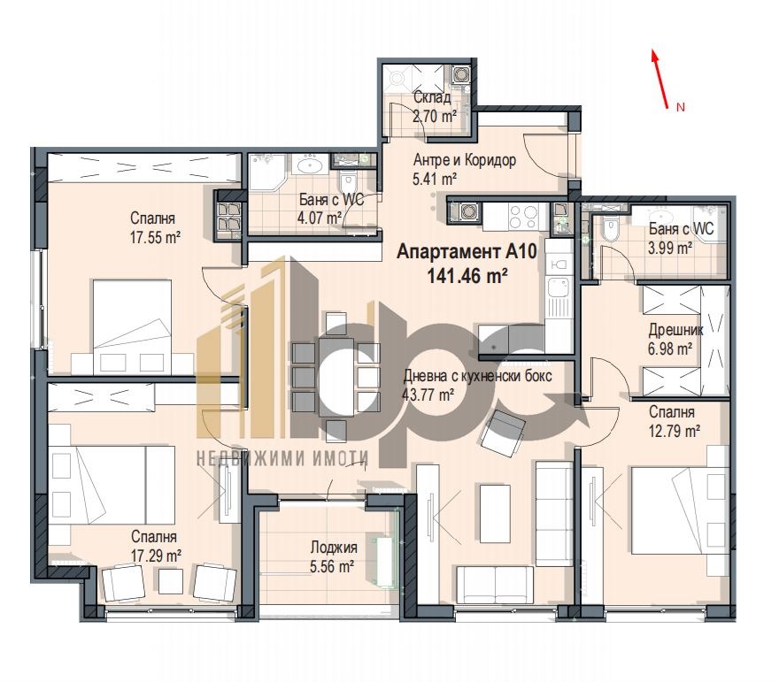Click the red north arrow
point(659,79)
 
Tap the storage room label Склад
point(432,97)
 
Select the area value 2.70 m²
point(434,115)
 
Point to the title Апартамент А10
point(467,252)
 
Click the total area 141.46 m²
point(467,275)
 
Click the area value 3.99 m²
point(670,248)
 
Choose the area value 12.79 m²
point(675,431)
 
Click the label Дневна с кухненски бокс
point(478,376)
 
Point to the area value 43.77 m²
point(428,395)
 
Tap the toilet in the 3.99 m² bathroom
point(610,230)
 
